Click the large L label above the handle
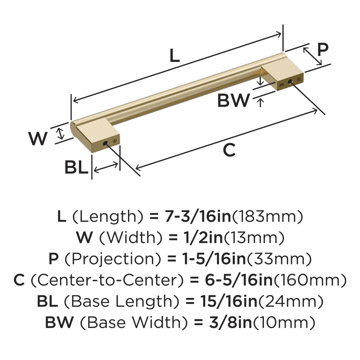(174, 56)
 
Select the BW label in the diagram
(233, 100)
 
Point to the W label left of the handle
(38, 138)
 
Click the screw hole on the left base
(105, 144)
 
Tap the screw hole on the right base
(290, 82)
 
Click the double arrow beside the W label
(60, 134)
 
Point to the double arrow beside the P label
(312, 56)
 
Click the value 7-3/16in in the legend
(198, 216)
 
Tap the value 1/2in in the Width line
(203, 237)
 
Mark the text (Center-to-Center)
(107, 280)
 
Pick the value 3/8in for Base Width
(230, 322)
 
